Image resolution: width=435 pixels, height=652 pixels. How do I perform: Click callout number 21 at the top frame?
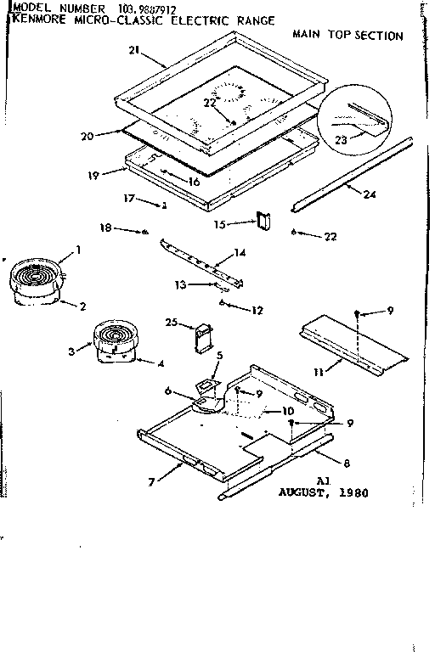pos(133,50)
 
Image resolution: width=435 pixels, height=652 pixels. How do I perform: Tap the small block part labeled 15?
pos(263,220)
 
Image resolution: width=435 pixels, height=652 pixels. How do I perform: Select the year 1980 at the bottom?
pos(352,492)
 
